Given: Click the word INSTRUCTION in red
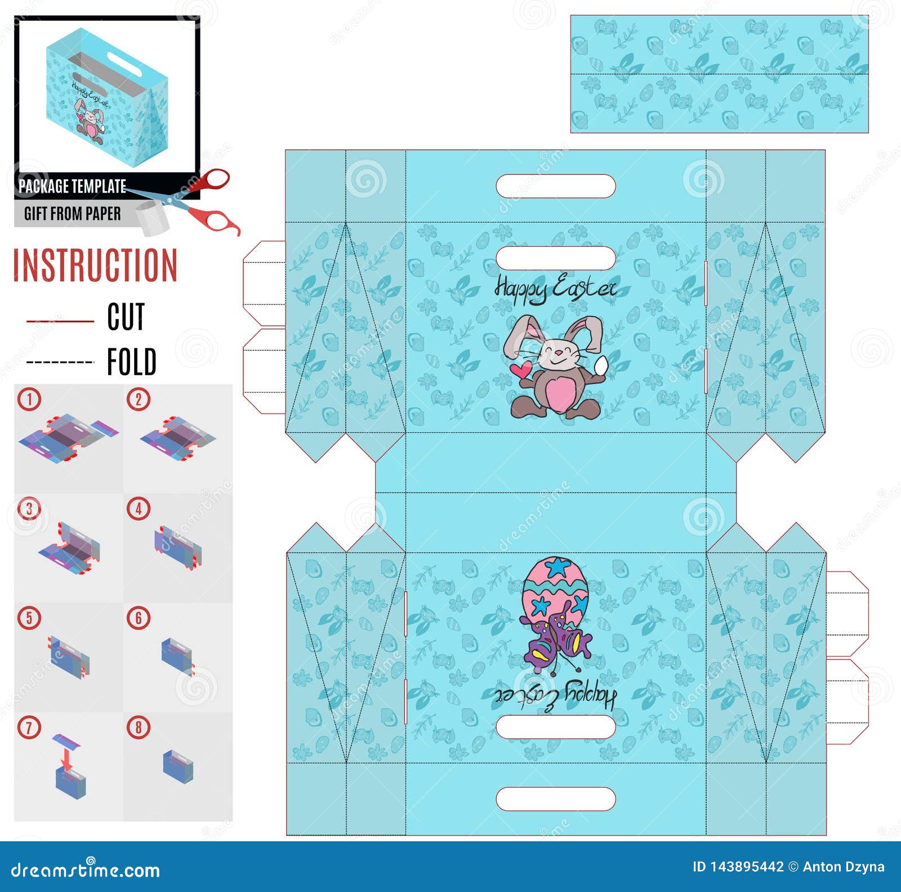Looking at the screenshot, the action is (95, 265).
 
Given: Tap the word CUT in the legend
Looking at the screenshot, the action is (126, 317).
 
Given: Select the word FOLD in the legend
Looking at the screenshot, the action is (132, 362).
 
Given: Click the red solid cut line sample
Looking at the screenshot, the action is (60, 321).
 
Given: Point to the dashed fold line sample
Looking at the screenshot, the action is (60, 362).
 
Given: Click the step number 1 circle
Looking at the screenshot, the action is (29, 400).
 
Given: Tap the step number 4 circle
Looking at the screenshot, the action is (139, 509).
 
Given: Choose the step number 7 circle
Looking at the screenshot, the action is (29, 727).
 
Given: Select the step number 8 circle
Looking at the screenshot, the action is (139, 727).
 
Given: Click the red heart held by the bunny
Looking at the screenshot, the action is (520, 370).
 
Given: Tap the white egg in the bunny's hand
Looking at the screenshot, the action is (602, 365).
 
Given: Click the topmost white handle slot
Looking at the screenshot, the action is (556, 186).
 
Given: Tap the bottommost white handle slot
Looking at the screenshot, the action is (556, 798).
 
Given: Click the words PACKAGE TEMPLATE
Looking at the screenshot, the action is (72, 186).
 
